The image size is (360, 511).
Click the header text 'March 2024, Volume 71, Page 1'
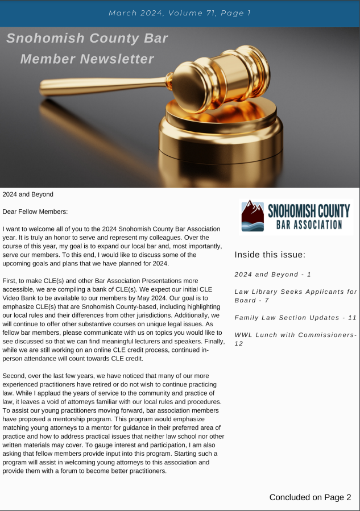click(180, 13)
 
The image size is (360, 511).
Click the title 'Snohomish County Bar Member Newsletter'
click(87, 48)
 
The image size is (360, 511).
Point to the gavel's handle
click(102, 85)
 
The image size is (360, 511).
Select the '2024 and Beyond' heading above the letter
click(28, 194)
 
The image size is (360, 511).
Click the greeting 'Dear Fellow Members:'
click(35, 211)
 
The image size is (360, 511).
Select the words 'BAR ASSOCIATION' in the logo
click(309, 225)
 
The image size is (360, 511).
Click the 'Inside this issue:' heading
click(270, 254)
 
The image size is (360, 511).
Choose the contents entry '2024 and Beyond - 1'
click(272, 275)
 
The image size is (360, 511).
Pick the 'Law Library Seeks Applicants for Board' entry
click(296, 296)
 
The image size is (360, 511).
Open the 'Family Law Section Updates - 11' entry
click(296, 317)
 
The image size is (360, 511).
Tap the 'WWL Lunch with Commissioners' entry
click(296, 339)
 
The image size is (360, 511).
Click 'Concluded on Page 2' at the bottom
click(310, 497)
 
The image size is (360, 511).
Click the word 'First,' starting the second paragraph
click(11, 281)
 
